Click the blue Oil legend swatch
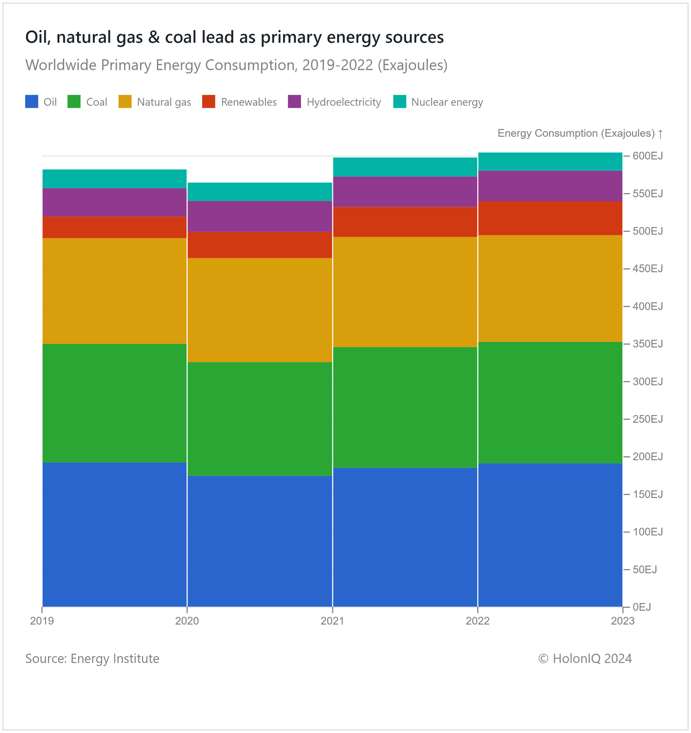click(31, 102)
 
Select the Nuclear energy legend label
click(447, 102)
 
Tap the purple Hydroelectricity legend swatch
click(294, 102)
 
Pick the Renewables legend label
click(248, 102)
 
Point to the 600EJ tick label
click(647, 156)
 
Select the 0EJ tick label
click(642, 607)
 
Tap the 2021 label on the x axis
click(332, 621)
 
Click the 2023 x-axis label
click(623, 621)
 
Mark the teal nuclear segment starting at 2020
click(260, 192)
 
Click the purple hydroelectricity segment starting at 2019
click(114, 202)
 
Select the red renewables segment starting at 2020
click(260, 245)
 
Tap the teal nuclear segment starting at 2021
click(405, 167)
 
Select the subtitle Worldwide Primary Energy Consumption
click(236, 65)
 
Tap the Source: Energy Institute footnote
click(92, 658)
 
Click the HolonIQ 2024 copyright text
click(585, 658)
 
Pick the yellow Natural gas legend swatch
click(125, 102)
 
